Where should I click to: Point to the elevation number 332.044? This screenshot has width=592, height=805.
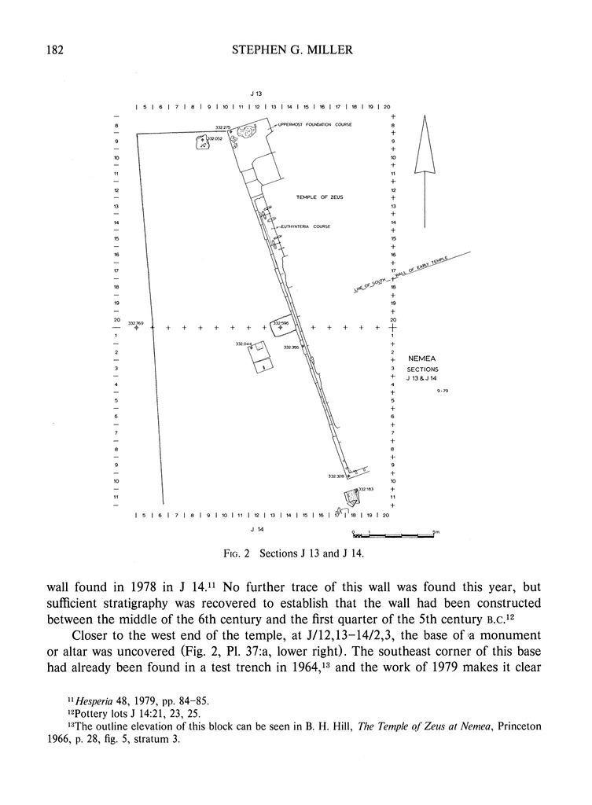point(243,344)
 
